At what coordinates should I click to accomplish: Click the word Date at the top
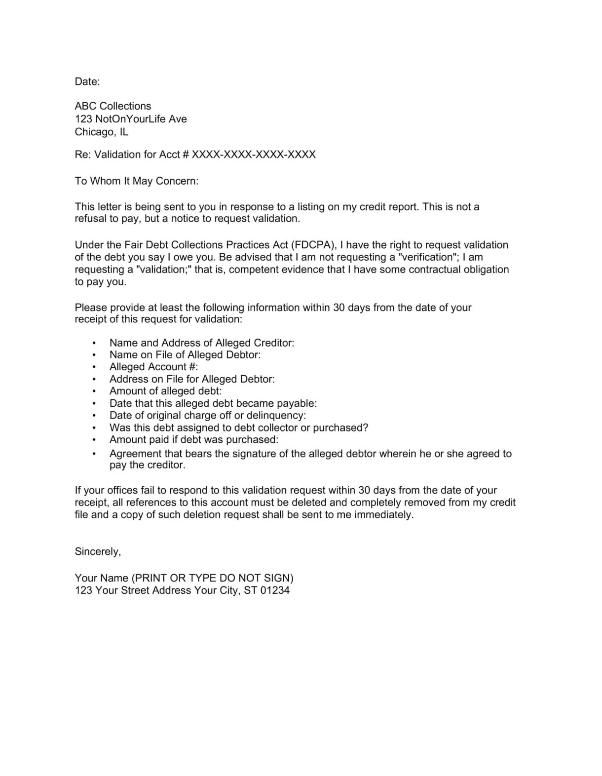coord(86,81)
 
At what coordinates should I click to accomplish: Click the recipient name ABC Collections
coord(113,106)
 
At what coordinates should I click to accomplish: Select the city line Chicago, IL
coord(101,132)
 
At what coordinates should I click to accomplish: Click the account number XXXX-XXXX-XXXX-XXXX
coord(254,155)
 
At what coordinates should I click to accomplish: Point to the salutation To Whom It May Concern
coord(136,181)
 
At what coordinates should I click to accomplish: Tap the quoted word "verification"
coord(428,257)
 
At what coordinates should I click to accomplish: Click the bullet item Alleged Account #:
coord(153,367)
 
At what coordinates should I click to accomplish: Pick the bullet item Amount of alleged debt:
coord(165,391)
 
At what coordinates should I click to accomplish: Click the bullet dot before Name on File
coord(94,355)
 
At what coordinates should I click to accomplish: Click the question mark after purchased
coord(366,428)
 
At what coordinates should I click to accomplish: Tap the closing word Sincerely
coord(97,552)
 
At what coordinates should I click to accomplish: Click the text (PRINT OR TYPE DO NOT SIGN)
coord(213,578)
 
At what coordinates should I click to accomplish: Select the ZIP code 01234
coord(275,590)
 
